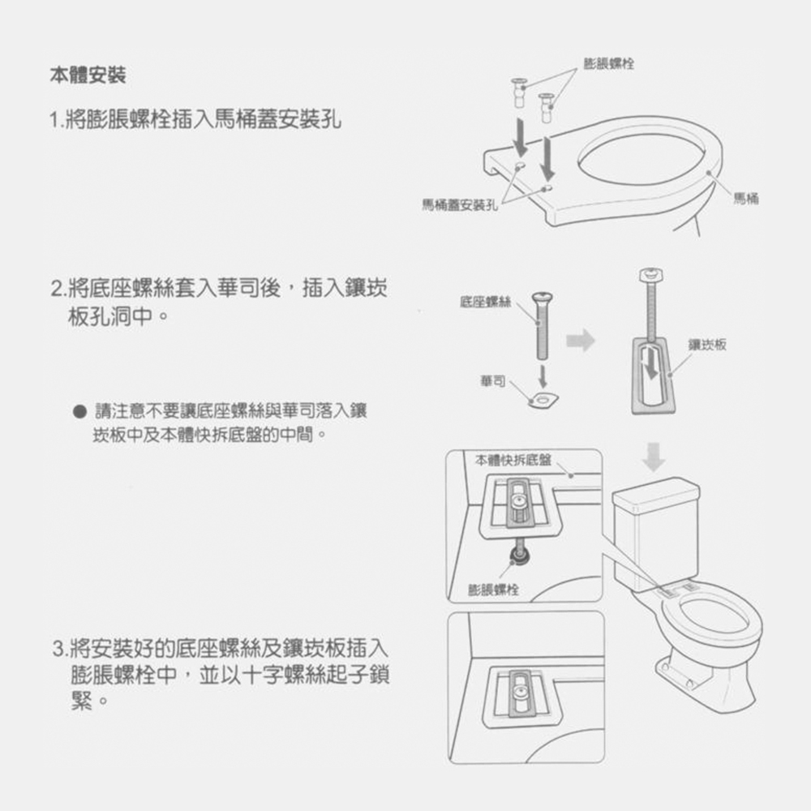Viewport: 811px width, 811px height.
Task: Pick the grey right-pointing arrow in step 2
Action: tap(581, 340)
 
